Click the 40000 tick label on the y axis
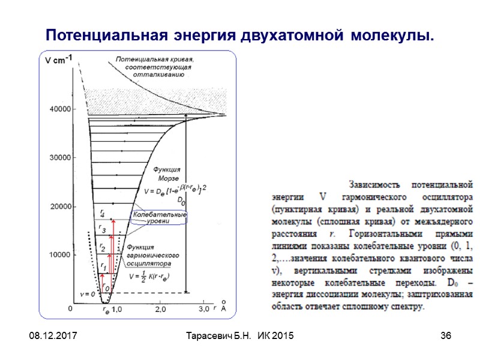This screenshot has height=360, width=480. coord(59,109)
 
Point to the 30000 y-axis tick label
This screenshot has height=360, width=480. coord(59,158)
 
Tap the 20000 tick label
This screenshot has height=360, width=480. coord(59,207)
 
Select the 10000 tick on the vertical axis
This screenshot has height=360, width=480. coord(59,255)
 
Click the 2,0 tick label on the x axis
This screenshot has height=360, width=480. coord(161,309)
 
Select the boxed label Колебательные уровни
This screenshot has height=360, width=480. coord(160,218)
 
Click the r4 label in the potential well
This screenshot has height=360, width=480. coord(103,213)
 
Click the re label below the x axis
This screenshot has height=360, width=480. coord(106,311)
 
